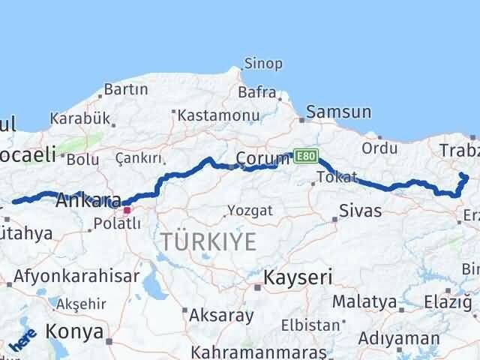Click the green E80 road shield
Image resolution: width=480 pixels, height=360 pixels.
304,155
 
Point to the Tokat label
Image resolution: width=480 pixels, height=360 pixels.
331,177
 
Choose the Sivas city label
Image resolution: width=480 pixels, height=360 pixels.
360,211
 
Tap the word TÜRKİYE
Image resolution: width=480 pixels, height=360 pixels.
208,241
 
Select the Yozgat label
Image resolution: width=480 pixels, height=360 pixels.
251,211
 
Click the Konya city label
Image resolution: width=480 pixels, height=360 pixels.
73,330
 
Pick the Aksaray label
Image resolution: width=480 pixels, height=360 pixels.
221,315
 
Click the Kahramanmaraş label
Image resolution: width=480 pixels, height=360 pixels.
259,352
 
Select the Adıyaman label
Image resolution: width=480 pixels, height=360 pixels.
398,338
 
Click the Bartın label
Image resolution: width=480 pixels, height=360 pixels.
126,89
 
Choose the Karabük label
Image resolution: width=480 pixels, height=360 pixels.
80,118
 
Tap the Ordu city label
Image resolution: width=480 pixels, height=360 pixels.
379,148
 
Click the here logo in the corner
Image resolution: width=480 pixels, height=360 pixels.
22,342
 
